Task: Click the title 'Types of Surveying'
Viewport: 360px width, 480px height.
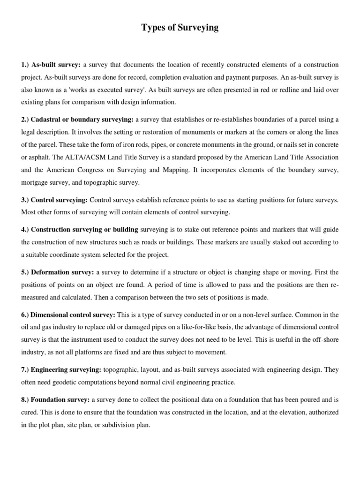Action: coord(180,28)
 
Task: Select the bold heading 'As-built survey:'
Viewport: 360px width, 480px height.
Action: coord(51,64)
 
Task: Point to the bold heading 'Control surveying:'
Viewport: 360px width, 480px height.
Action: coord(54,200)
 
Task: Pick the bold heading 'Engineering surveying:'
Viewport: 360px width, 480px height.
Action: coord(60,369)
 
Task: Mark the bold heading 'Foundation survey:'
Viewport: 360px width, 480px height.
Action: coord(56,400)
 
